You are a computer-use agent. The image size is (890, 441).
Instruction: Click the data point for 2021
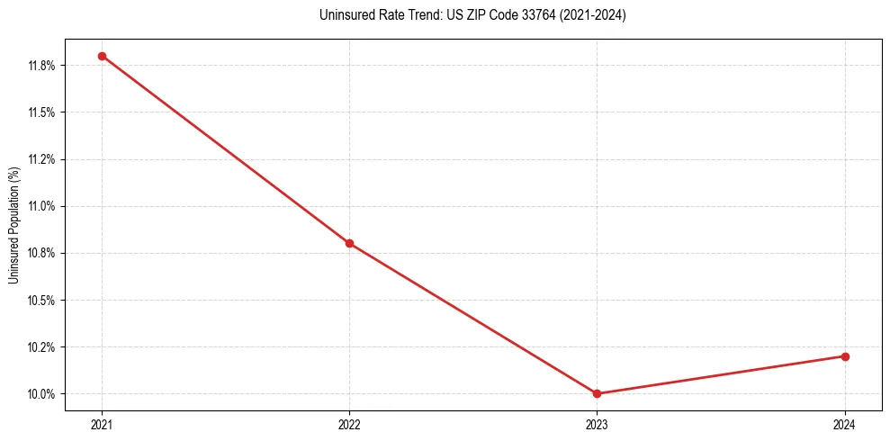click(102, 56)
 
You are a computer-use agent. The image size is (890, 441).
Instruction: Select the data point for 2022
click(349, 243)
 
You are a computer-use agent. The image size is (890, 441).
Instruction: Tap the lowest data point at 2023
click(597, 393)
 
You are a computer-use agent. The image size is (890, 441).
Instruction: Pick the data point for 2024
click(845, 356)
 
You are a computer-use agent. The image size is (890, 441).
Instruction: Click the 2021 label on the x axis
click(102, 424)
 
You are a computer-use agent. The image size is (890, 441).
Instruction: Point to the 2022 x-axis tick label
click(349, 424)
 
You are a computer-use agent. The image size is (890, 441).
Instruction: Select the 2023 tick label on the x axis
click(597, 424)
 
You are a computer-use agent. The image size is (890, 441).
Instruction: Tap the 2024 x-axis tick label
click(845, 424)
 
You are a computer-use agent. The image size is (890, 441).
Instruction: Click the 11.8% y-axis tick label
click(43, 66)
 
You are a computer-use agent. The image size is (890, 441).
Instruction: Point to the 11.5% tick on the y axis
click(43, 112)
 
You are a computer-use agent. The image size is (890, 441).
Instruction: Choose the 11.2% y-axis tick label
click(43, 159)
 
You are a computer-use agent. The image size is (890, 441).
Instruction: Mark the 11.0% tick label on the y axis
click(43, 206)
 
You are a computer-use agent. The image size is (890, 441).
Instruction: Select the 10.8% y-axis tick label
click(43, 253)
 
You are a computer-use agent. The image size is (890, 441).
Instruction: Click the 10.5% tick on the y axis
click(43, 300)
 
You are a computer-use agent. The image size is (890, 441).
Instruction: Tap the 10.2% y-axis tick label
click(43, 347)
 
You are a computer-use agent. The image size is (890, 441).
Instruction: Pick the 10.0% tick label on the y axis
click(43, 394)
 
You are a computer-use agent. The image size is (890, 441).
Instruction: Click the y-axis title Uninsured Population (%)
click(13, 224)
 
